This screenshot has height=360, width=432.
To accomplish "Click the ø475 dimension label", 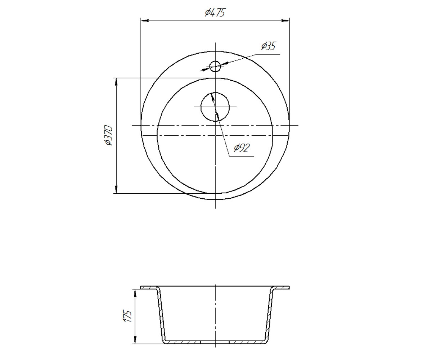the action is point(215,12).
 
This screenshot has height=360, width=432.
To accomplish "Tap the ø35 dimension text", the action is point(268,46).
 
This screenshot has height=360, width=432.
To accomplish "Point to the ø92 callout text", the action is point(242,148).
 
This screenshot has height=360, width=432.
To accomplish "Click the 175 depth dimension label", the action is point(128,316).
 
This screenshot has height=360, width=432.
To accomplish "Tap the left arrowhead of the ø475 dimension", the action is point(145,21).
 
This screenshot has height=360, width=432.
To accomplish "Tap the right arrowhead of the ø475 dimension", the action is point(285,21).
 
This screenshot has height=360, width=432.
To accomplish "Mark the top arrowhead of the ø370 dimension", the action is point(116,82).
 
